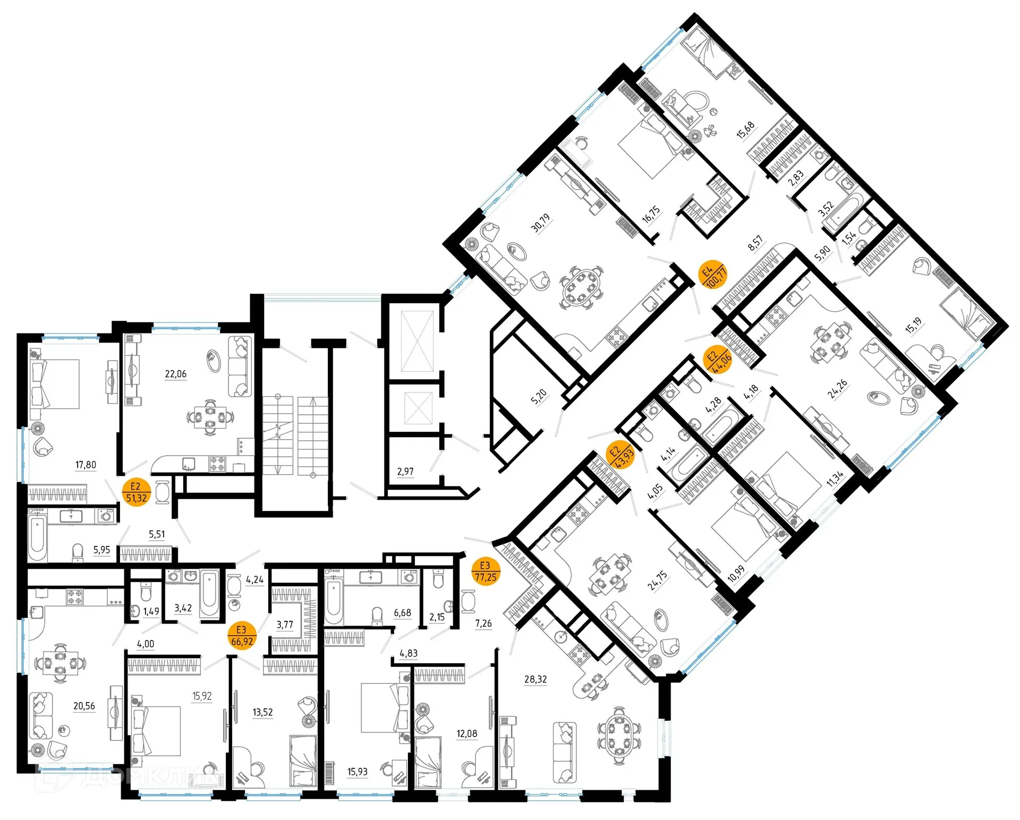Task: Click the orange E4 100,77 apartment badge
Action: [712, 274]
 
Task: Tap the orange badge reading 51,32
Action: [136, 492]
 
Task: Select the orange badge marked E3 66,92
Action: [242, 636]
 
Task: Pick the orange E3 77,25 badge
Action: [486, 571]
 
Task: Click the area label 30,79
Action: [540, 223]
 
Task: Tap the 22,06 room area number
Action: [176, 374]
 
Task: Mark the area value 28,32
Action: [535, 679]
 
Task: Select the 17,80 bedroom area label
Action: [86, 465]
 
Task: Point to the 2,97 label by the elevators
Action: [405, 472]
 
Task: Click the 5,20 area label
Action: [539, 396]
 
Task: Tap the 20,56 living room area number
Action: [84, 706]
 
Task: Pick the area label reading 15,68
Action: [745, 130]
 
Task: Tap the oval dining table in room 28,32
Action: [618, 735]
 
